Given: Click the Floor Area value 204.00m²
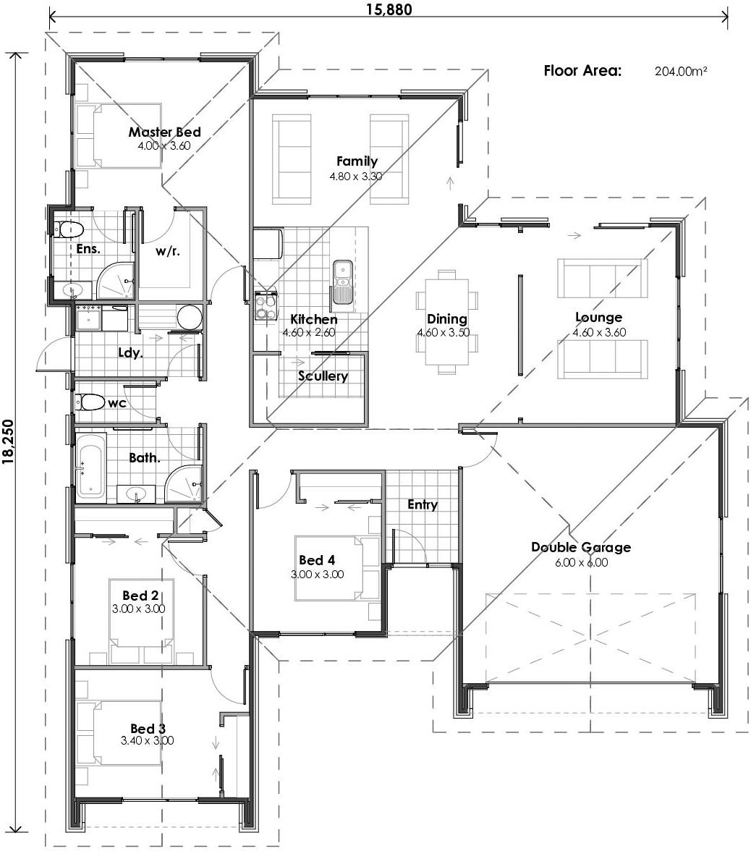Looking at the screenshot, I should (680, 71).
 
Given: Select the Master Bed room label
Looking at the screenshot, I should (164, 132).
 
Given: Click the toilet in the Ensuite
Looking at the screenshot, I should (70, 230).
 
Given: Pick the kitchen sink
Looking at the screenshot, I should (342, 282).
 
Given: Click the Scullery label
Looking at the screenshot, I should (323, 376).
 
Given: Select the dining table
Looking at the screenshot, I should (446, 322).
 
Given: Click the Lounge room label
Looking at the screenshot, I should (598, 317).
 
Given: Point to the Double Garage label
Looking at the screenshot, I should (580, 547).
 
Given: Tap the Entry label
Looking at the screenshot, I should (422, 504).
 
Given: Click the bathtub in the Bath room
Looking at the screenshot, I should (90, 467).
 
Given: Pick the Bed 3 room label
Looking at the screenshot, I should (148, 728).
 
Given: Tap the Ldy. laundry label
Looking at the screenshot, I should (130, 352).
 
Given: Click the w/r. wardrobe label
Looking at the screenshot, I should (167, 252).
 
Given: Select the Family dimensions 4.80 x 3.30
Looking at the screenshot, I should (355, 176).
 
